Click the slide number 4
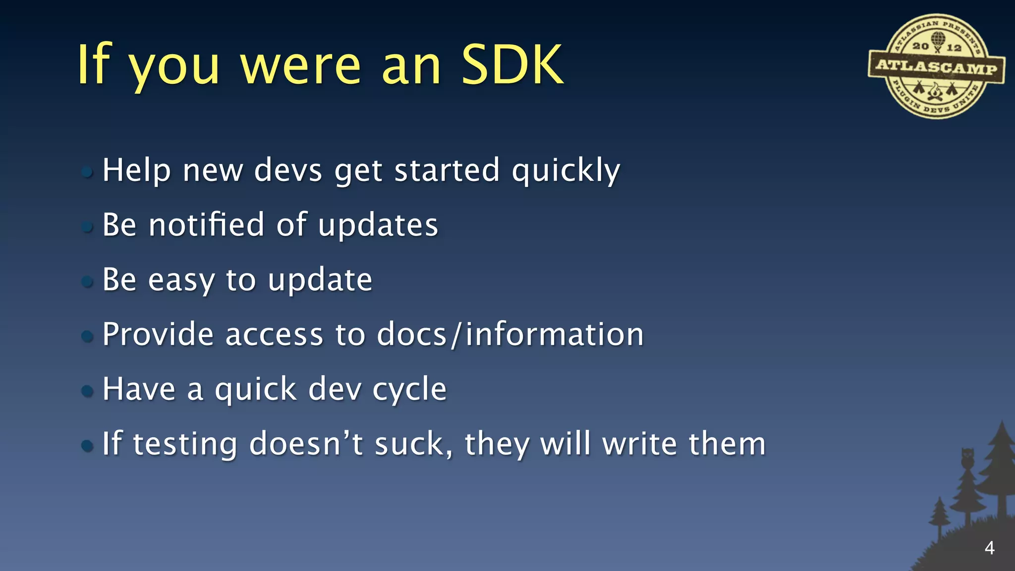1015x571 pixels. pos(989,548)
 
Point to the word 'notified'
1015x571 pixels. pos(207,225)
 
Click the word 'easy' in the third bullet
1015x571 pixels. pos(181,280)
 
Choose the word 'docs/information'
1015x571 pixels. pos(510,334)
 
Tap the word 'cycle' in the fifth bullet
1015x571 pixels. pos(409,390)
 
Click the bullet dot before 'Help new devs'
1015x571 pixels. pos(87,172)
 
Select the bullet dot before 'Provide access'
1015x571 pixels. pos(87,337)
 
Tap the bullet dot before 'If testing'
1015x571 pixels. pos(87,446)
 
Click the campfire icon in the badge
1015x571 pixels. pos(935,92)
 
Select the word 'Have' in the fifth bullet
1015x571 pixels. pos(139,389)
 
